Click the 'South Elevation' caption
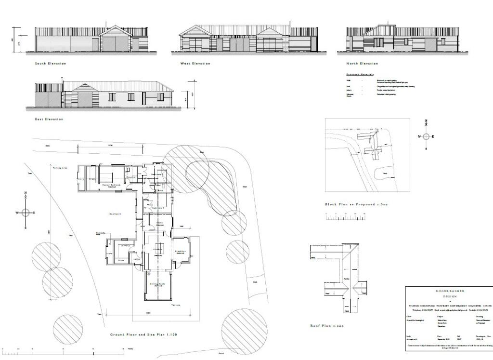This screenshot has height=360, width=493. click(x=51, y=64)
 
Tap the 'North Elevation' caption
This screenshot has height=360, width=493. click(x=362, y=64)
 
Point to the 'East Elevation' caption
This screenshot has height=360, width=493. click(x=50, y=119)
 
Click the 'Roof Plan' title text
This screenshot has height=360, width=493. click(x=327, y=326)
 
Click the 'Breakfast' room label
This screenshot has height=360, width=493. click(x=181, y=252)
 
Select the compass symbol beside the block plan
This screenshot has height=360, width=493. click(x=426, y=136)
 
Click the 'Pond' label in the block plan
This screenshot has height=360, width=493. click(x=385, y=173)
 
